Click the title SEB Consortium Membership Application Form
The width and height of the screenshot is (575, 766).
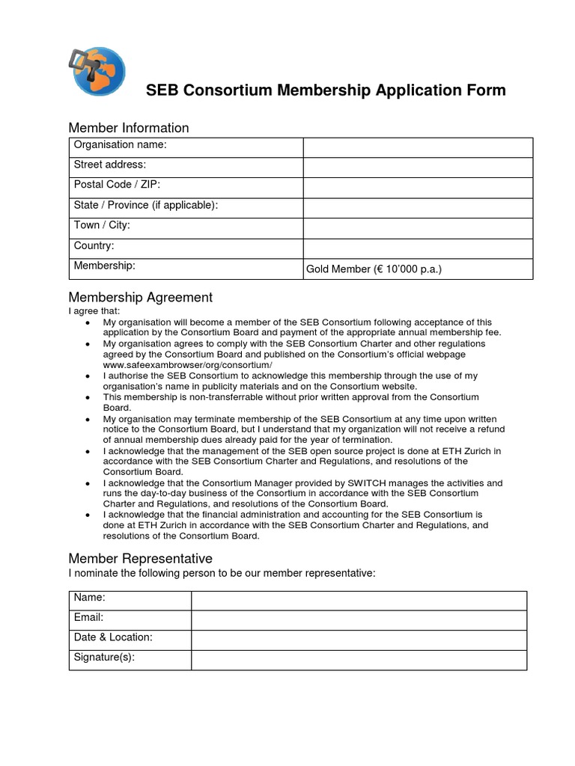click(x=325, y=91)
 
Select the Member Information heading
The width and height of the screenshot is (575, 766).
click(x=129, y=128)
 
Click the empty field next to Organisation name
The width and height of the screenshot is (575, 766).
click(x=417, y=147)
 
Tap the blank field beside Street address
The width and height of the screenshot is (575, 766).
click(x=417, y=168)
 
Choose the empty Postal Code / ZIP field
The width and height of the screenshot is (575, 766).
click(x=417, y=188)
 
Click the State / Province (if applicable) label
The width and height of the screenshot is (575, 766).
click(x=146, y=205)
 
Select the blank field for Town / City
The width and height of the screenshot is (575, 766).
click(x=417, y=228)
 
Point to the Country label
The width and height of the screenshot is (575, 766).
click(x=94, y=245)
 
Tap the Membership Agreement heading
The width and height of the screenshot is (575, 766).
click(x=141, y=298)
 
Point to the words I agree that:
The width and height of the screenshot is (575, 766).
click(x=94, y=310)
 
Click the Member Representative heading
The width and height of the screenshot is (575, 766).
click(x=141, y=559)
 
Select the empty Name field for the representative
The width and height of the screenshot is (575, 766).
click(x=359, y=601)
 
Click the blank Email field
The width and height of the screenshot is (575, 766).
click(x=359, y=620)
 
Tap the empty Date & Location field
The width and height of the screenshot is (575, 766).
click(x=359, y=640)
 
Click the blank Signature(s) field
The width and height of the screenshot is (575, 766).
click(x=359, y=660)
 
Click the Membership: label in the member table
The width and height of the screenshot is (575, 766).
click(x=104, y=266)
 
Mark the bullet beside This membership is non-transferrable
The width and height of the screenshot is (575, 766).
click(x=89, y=397)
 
